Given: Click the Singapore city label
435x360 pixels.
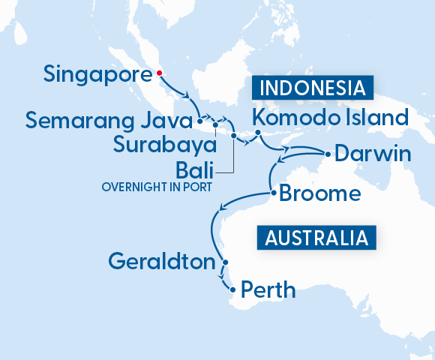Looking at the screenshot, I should (x=97, y=74).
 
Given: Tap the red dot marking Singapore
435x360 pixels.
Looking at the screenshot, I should (x=159, y=73).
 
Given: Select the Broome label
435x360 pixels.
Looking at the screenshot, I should (x=319, y=194).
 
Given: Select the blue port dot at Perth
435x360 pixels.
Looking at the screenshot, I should (x=233, y=289).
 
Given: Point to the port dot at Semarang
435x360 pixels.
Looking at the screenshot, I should (x=199, y=118).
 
